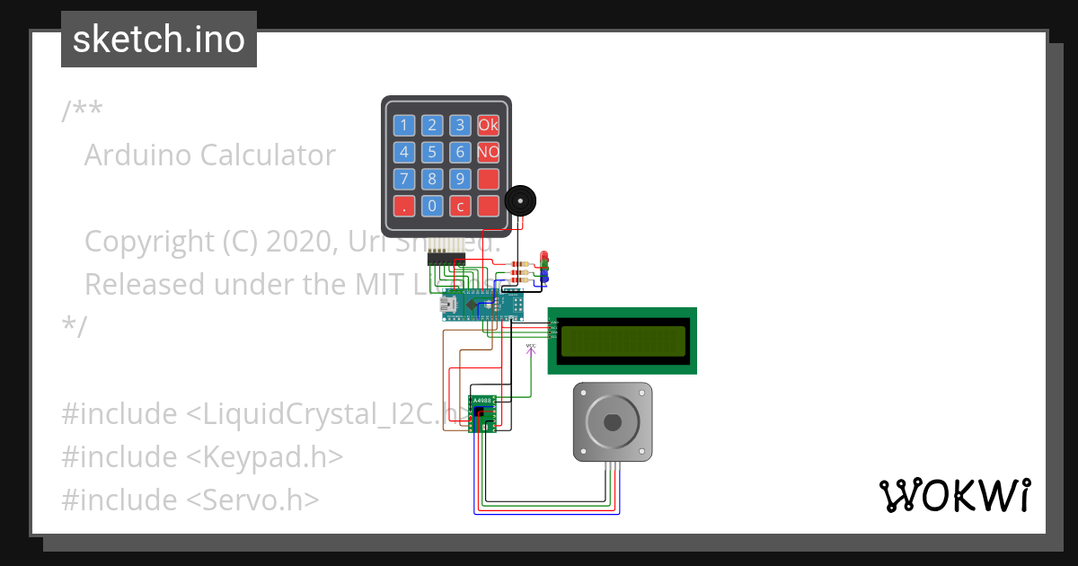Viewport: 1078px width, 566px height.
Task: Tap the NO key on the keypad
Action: (488, 152)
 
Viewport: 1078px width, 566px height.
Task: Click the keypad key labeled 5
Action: (432, 152)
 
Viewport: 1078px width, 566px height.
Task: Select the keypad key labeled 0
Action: (432, 206)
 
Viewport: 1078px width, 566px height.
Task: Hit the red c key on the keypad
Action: (460, 206)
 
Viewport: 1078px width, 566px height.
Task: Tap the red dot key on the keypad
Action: (404, 206)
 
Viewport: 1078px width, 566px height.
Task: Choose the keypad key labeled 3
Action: (460, 125)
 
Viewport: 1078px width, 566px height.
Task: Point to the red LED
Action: (543, 256)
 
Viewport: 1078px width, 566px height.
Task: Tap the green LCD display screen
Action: (622, 340)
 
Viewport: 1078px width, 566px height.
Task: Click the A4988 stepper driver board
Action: (483, 413)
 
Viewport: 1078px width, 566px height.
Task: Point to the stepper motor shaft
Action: (613, 421)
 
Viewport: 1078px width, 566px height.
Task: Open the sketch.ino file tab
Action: (159, 40)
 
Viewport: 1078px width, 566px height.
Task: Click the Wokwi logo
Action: (954, 496)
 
